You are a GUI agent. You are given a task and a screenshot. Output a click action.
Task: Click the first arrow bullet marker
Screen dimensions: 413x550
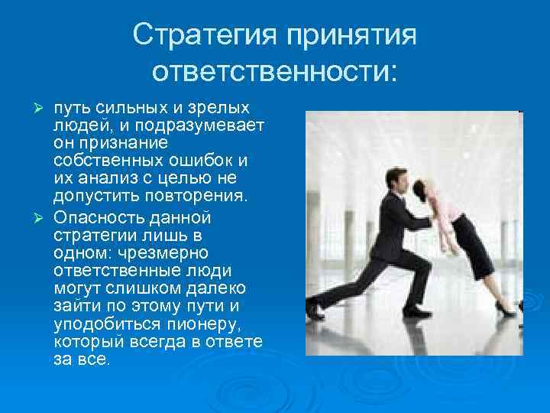coord(44,106)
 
